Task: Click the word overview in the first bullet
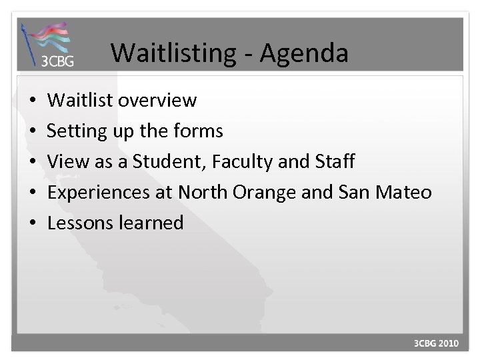point(159,101)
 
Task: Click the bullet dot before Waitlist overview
point(32,101)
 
